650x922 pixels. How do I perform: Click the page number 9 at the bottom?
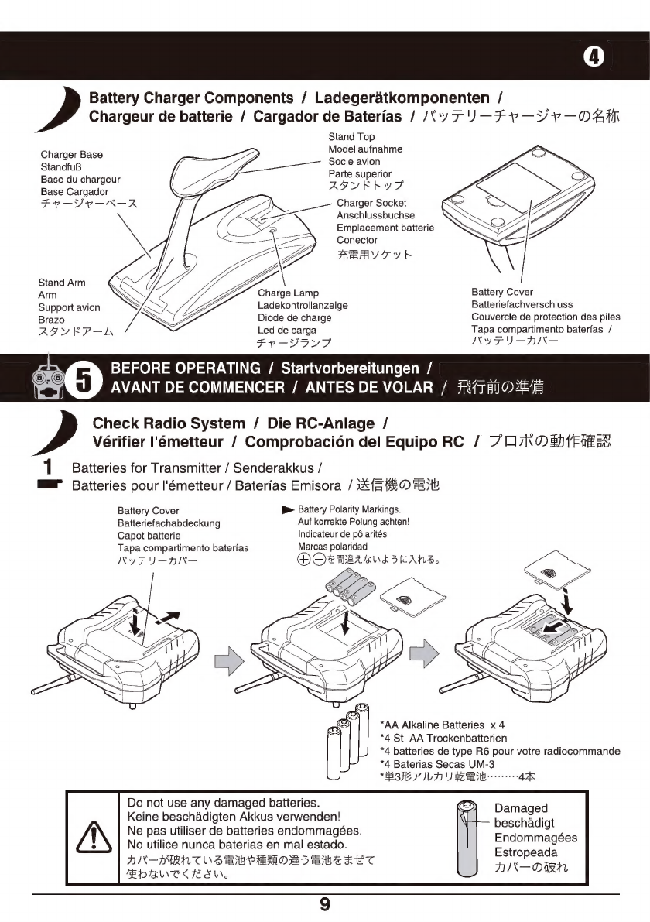(325, 904)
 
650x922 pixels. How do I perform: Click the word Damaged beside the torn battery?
(521, 807)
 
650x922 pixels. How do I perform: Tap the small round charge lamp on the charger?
(272, 230)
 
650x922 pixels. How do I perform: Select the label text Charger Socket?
(371, 203)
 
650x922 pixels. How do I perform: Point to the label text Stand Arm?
(61, 283)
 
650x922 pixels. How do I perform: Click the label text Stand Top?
(351, 137)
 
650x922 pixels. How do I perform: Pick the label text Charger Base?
(71, 155)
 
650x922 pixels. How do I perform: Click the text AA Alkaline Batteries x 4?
(443, 725)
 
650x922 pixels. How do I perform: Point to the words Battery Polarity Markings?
(348, 509)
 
